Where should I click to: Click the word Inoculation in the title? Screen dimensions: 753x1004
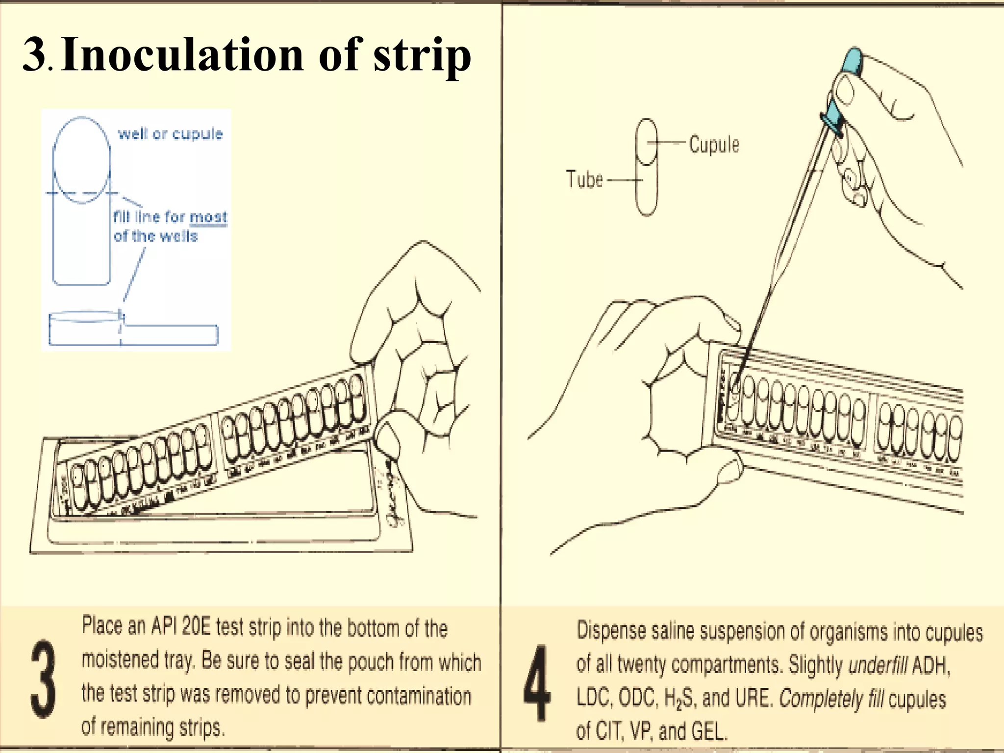(x=182, y=55)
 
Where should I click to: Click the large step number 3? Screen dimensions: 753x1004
(x=43, y=678)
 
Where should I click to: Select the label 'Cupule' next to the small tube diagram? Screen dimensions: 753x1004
(x=714, y=145)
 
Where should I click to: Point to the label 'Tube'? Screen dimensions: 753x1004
(x=584, y=179)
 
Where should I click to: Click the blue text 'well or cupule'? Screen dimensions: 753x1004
(x=170, y=134)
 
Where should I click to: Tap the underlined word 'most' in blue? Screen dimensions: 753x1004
(x=208, y=217)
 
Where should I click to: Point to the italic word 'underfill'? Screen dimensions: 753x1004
(x=878, y=666)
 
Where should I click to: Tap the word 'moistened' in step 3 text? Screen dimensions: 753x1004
(x=120, y=660)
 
